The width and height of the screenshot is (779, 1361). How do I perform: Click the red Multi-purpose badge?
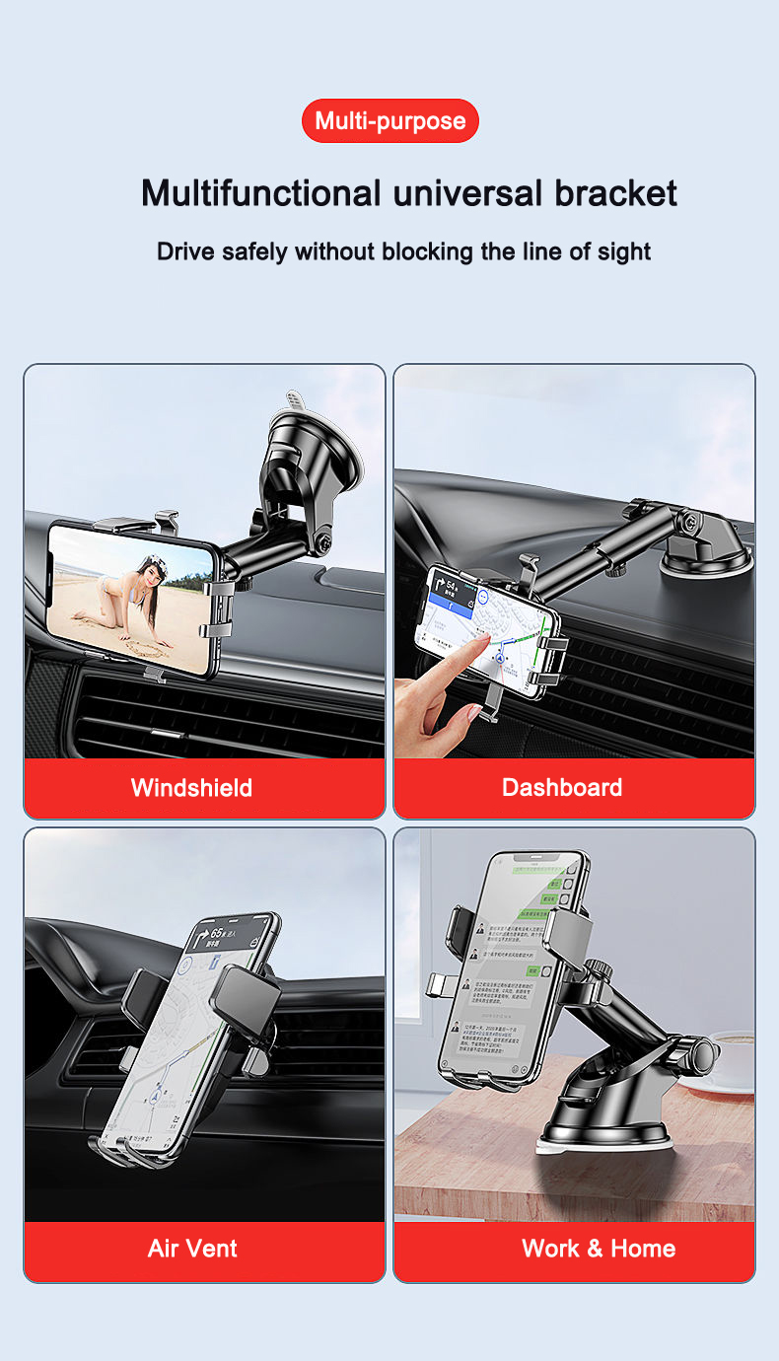pos(389,121)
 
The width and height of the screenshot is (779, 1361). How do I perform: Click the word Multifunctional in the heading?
pos(260,192)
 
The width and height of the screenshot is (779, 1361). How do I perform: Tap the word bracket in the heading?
pos(615,192)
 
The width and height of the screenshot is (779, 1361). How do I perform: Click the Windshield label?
pos(191,787)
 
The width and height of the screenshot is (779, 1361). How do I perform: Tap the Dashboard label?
pos(561,787)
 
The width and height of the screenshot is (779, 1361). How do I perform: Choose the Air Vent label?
pos(192,1248)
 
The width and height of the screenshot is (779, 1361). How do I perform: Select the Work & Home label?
pos(598,1248)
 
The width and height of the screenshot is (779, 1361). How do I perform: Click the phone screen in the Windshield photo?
pos(130,600)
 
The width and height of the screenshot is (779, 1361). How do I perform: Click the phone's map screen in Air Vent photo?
pos(187,1036)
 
